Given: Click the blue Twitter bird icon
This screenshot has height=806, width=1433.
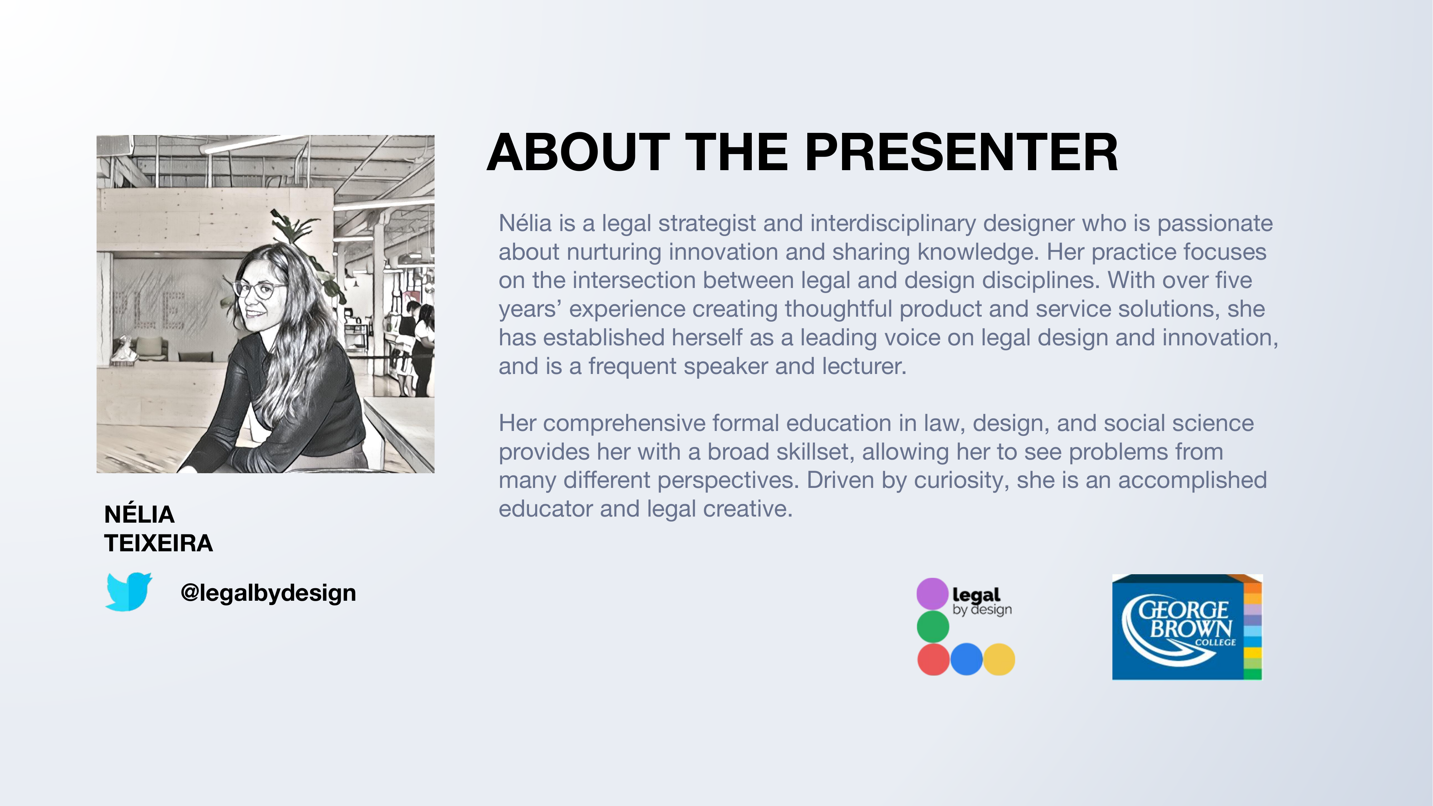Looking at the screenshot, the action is (129, 592).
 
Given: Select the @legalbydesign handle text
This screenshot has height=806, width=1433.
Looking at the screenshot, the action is (268, 593).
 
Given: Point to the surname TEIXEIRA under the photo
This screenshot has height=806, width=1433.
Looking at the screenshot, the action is (159, 543).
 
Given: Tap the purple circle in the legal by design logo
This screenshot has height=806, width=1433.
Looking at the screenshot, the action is (932, 594).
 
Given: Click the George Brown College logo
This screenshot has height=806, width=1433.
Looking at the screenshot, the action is (1187, 627).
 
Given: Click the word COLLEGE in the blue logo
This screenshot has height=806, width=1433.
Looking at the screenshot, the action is (1216, 642).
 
